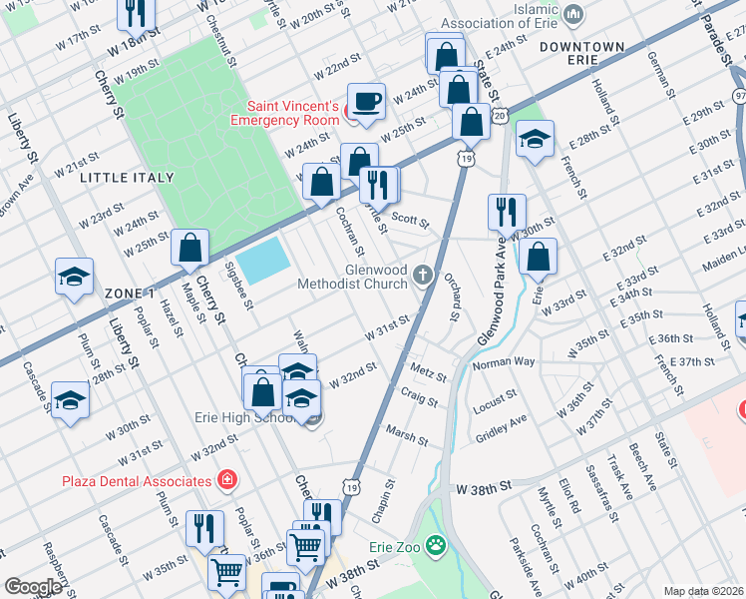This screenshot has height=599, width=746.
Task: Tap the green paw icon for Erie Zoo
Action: pyautogui.click(x=435, y=545)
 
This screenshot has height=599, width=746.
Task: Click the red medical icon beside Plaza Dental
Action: pyautogui.click(x=227, y=480)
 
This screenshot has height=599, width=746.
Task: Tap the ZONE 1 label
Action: pyautogui.click(x=129, y=292)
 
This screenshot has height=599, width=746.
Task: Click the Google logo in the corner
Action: pyautogui.click(x=33, y=587)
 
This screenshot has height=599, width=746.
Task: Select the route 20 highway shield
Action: pyautogui.click(x=500, y=116)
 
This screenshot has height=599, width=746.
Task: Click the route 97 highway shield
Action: pyautogui.click(x=739, y=95)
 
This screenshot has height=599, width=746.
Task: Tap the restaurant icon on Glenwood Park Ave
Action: pyautogui.click(x=507, y=212)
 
